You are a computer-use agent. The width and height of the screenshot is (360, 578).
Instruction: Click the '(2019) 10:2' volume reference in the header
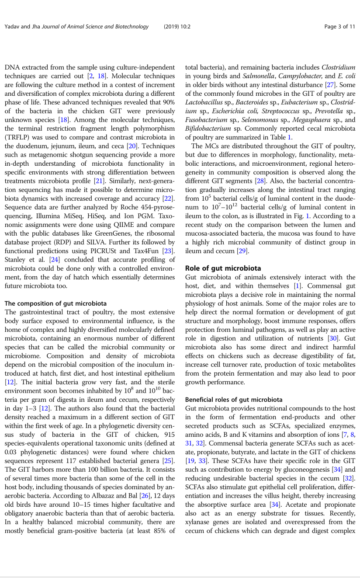coord(177,27)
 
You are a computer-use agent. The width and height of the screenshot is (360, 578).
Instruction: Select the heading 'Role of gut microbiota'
coord(223,268)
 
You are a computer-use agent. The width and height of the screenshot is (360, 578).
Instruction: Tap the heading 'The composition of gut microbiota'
coord(55,303)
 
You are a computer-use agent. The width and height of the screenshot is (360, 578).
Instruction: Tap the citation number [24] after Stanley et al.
coord(54,259)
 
